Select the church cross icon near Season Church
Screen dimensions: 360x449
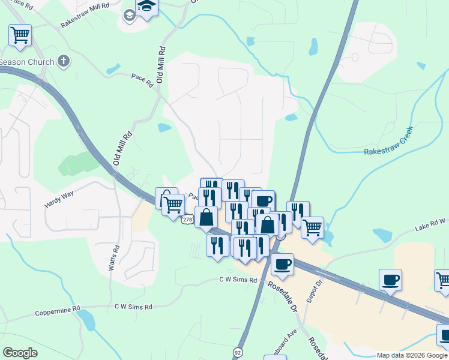click(x=64, y=61)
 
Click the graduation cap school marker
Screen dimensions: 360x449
click(x=146, y=8)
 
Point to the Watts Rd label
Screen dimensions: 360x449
click(x=112, y=259)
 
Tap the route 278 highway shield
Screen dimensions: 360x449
click(x=187, y=220)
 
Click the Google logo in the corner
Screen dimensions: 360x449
click(x=20, y=352)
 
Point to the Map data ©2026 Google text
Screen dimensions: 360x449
click(x=412, y=355)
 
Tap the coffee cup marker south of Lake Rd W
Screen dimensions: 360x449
click(x=390, y=280)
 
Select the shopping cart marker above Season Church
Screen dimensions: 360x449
click(x=20, y=35)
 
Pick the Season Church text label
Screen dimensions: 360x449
click(x=27, y=62)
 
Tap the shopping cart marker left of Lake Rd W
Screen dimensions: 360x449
click(x=312, y=228)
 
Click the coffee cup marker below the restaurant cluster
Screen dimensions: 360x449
click(x=282, y=264)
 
